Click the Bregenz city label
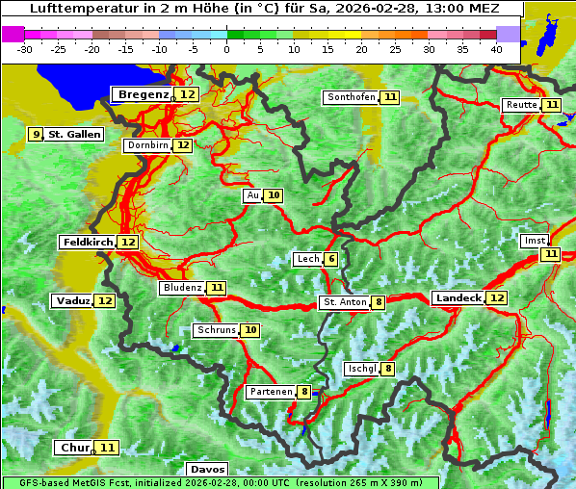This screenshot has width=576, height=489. pos(143,94)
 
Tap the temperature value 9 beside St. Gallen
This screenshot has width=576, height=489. pos(37,135)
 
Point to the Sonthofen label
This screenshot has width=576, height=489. pos(351,97)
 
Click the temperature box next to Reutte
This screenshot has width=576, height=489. pos(551,105)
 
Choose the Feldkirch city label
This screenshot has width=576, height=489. pos(87,243)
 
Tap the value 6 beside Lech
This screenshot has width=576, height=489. pos(331,259)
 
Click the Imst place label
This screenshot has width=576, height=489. pos(533,241)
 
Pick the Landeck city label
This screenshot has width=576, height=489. pos(458,298)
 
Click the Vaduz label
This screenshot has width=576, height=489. pos(72,301)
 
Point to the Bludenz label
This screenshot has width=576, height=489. pos(182,288)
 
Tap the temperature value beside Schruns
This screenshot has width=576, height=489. pos(250,330)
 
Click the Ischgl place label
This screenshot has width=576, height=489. pos(361,369)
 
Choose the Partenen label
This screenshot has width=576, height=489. pos(270,392)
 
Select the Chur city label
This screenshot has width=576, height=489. pos(74,448)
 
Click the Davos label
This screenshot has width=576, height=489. pos(207,470)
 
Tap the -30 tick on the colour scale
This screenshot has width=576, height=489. pos(25,49)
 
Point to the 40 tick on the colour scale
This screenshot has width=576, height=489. pos(495,49)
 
